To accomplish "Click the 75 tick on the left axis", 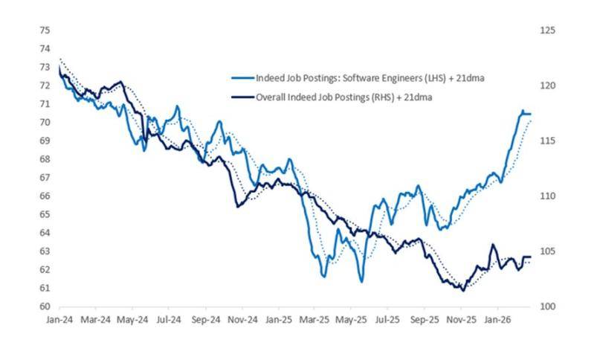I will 45,30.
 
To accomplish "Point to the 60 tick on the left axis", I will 45,306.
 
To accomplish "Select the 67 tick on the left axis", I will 45,178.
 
